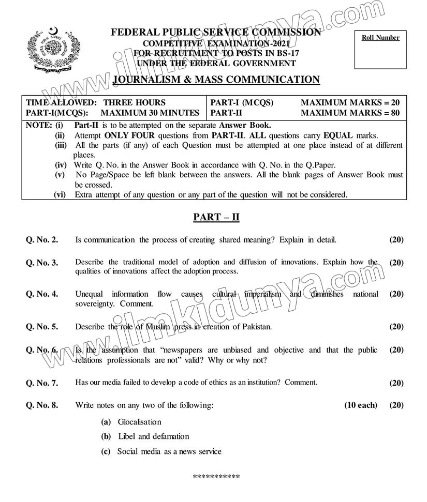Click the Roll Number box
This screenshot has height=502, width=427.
[x=380, y=50]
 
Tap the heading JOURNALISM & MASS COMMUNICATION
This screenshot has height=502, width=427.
[x=216, y=80]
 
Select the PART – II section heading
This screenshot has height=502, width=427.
[x=216, y=218]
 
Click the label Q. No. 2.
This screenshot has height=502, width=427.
[x=42, y=240]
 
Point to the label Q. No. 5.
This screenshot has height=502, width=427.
[x=42, y=327]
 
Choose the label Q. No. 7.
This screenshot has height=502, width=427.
[x=42, y=383]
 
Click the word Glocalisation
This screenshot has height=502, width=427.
[x=139, y=422]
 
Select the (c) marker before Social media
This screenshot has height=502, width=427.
[x=106, y=452]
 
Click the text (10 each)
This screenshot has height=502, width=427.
[x=361, y=405]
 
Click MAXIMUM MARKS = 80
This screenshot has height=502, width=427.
[x=350, y=113]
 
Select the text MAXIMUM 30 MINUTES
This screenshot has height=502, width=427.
[x=150, y=113]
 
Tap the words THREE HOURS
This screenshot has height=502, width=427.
[x=135, y=102]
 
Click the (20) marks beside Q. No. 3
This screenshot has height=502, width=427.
[x=396, y=263]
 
